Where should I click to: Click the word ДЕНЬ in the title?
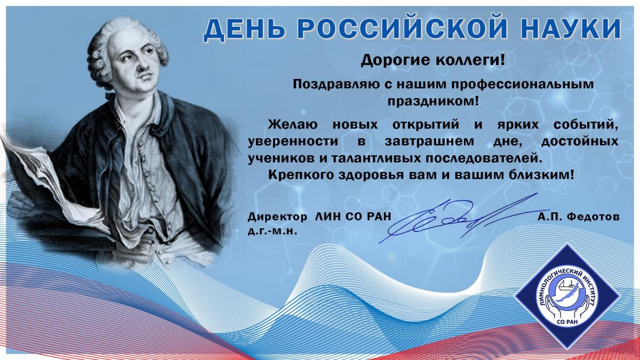(x=244, y=29)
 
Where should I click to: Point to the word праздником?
(x=433, y=101)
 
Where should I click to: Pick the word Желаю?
(x=292, y=125)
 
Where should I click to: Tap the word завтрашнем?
(x=429, y=142)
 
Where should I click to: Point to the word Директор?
(x=277, y=217)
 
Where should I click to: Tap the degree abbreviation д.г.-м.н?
(x=273, y=231)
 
